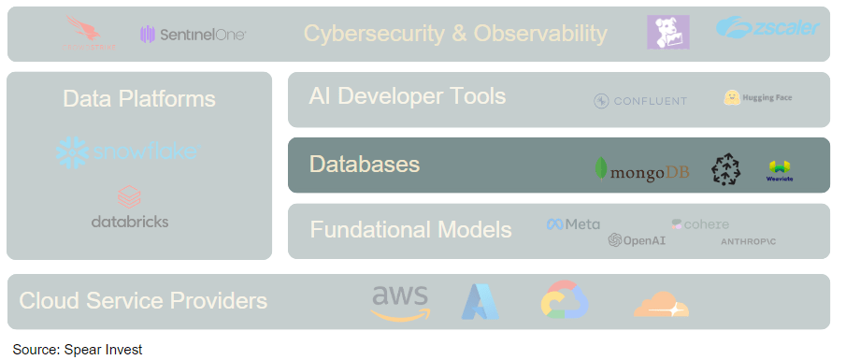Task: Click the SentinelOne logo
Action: tap(193, 35)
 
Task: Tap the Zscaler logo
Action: tap(767, 28)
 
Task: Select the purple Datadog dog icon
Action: tap(667, 33)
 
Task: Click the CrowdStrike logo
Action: tap(92, 35)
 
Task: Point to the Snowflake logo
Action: tap(126, 151)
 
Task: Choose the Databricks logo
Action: tap(130, 208)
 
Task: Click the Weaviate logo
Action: tap(779, 169)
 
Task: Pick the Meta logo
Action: tap(573, 224)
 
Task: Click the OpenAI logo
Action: tap(636, 240)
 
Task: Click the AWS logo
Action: tap(400, 301)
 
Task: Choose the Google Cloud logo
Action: tap(564, 301)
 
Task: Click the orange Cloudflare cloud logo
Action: tap(660, 304)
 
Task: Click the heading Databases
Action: tap(365, 165)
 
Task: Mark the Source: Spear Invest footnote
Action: tap(78, 350)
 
